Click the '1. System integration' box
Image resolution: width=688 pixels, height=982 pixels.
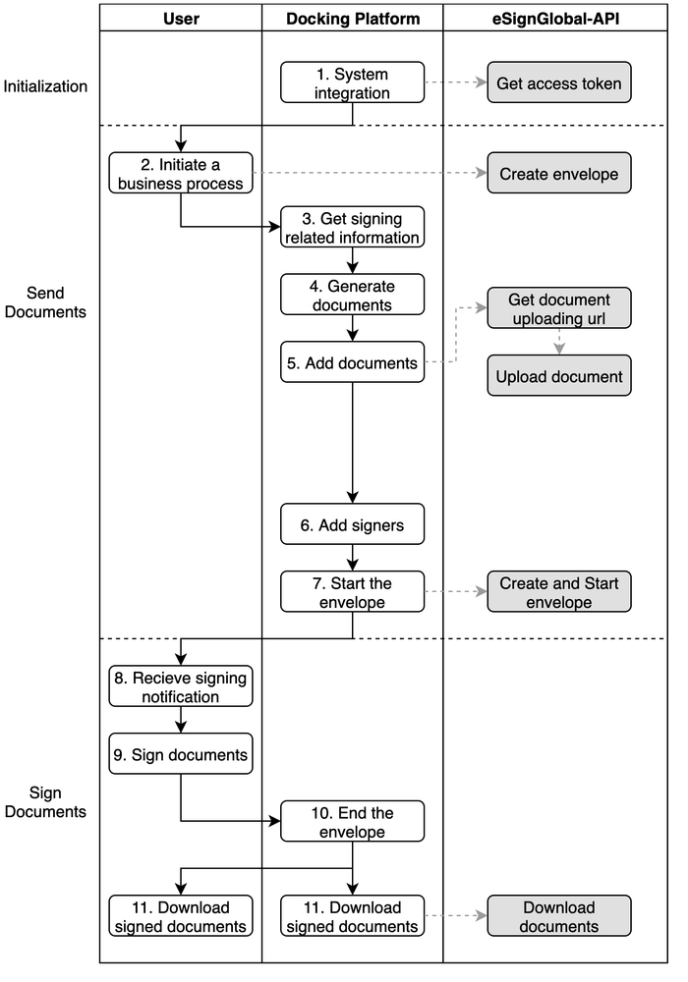[352, 82]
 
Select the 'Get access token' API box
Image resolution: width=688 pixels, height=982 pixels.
[559, 82]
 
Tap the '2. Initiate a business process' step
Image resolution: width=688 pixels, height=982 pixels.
[181, 173]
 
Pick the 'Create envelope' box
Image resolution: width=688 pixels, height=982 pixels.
[559, 173]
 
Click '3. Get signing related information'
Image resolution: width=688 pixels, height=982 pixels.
[352, 227]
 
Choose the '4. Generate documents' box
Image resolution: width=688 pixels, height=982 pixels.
[352, 295]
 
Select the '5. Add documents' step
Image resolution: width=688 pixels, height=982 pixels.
[352, 362]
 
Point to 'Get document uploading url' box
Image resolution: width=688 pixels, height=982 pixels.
[559, 308]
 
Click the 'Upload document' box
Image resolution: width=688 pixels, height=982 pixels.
[559, 376]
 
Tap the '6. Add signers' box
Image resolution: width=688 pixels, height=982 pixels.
[352, 524]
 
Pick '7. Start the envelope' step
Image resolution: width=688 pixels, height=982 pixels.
[352, 592]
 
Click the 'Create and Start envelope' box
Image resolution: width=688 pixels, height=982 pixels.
[559, 592]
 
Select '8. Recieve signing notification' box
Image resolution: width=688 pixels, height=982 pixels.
[181, 686]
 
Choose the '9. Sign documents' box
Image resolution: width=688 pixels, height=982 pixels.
[181, 754]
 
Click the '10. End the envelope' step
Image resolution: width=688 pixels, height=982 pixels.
[352, 822]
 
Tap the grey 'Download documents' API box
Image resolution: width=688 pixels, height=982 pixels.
[559, 916]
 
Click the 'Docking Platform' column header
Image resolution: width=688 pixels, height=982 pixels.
[353, 18]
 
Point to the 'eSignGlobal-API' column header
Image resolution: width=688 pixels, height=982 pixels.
[555, 18]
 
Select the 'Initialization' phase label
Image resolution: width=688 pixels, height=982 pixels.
[45, 86]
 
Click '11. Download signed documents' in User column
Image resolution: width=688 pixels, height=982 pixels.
[181, 916]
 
